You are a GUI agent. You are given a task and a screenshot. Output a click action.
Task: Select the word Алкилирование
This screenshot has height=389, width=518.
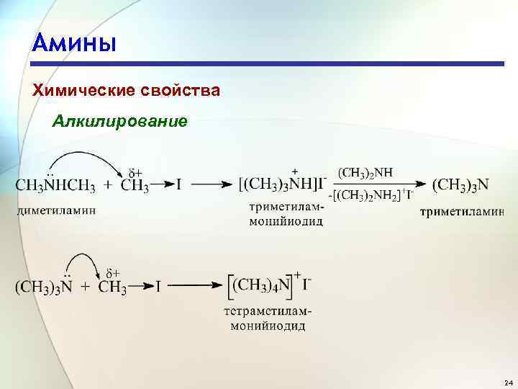pyautogui.click(x=120, y=120)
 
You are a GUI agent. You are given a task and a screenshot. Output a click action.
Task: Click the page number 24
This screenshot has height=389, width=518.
pyautogui.click(x=508, y=381)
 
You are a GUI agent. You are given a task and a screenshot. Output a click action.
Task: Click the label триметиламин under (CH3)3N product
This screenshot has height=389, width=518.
pyautogui.click(x=462, y=213)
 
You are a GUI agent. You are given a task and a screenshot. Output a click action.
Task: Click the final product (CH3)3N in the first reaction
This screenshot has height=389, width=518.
pyautogui.click(x=461, y=185)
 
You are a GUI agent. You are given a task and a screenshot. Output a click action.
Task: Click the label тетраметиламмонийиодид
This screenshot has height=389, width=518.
pyautogui.click(x=268, y=319)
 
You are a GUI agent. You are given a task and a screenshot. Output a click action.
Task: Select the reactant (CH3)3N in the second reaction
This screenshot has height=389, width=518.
pyautogui.click(x=43, y=287)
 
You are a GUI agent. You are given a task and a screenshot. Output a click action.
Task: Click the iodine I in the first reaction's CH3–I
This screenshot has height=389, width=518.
pyautogui.click(x=178, y=185)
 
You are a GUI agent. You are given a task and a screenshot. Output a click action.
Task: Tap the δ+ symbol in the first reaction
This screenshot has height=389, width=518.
pyautogui.click(x=135, y=172)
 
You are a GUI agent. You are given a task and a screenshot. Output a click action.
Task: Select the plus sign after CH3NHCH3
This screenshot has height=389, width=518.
pyautogui.click(x=108, y=185)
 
